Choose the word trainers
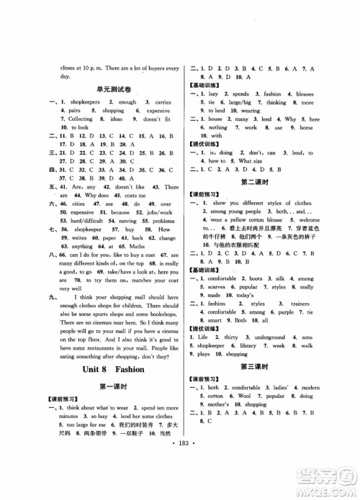pos(305,304)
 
